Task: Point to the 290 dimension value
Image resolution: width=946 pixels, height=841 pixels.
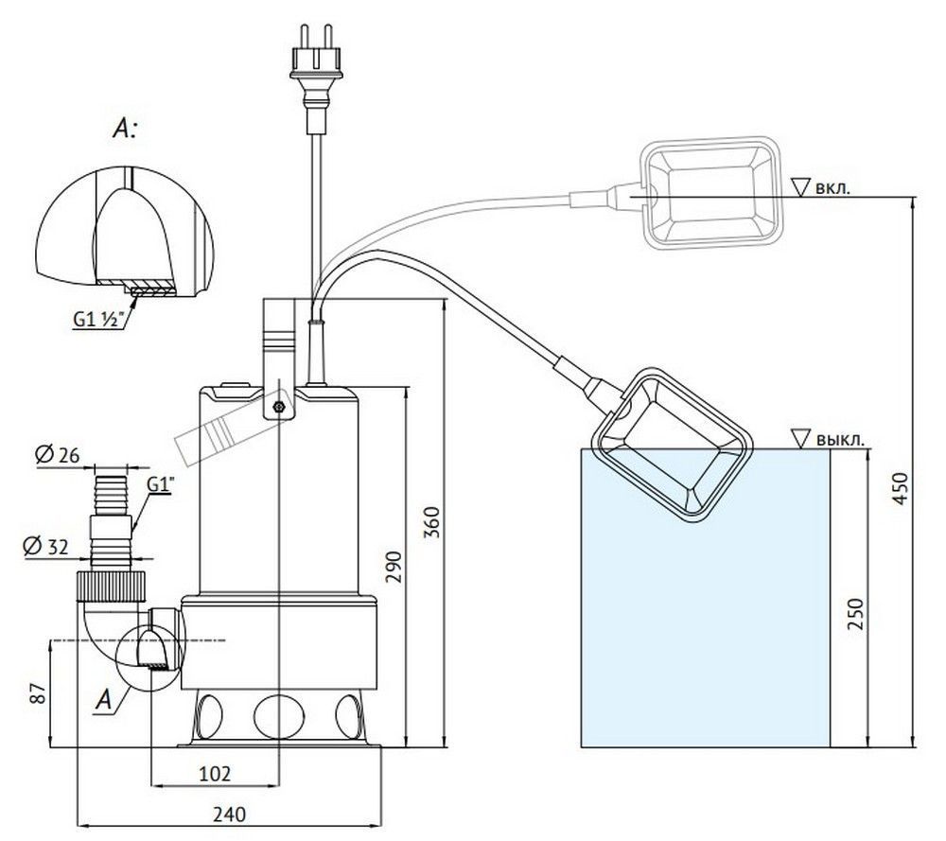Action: coord(395,565)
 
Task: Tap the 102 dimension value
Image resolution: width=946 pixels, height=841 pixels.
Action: coord(215,773)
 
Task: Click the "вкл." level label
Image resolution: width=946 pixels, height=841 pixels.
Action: coord(832,187)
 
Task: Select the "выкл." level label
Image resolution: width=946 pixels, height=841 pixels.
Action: coord(838,439)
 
